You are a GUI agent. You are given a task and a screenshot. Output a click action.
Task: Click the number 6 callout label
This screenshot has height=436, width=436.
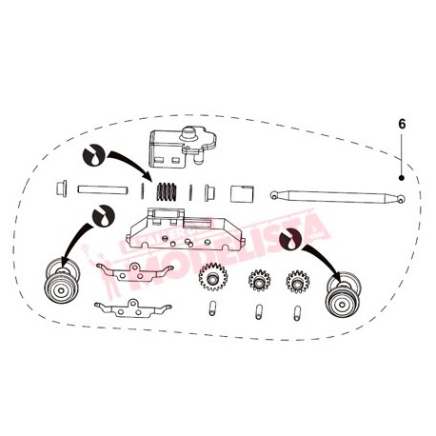point(403,125)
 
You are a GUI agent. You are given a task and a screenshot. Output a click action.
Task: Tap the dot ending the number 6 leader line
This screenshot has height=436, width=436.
point(403,177)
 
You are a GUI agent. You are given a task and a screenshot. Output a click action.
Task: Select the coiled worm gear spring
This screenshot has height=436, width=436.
point(168,189)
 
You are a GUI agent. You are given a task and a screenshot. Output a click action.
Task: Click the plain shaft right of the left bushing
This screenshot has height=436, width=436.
point(101,188)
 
